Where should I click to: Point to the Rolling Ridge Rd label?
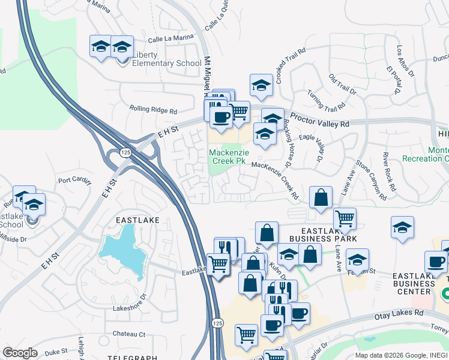tap(153, 110)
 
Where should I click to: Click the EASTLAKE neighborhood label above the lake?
tap(138, 220)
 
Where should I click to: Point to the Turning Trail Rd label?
tap(325, 101)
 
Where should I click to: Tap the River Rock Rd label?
tap(390, 170)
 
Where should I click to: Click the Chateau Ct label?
tap(129, 334)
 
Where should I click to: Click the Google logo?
tap(20, 352)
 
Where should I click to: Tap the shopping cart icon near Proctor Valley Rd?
tap(239, 111)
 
